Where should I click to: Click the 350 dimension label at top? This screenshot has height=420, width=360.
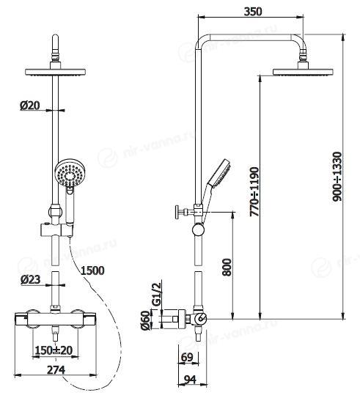point(253,12)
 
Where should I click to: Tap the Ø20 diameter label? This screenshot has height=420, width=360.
point(30,106)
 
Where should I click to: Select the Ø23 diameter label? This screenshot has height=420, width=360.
point(30,280)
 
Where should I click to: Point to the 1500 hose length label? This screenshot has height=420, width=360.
point(92,270)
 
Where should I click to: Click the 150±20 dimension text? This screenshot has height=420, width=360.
point(54,350)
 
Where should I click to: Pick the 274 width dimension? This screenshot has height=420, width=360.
point(56,370)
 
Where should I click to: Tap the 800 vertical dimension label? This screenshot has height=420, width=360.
point(227,267)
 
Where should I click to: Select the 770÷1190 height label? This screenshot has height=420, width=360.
point(254,192)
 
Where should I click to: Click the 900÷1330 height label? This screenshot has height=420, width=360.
point(337,177)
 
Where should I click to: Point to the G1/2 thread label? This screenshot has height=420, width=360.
point(157,294)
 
